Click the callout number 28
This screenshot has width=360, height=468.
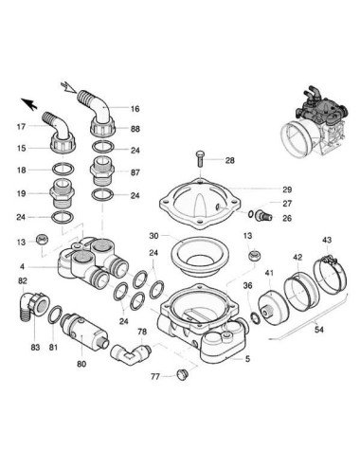pos(229,161)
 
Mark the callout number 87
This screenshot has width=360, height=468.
pos(135,173)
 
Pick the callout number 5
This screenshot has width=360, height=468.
pos(248,359)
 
